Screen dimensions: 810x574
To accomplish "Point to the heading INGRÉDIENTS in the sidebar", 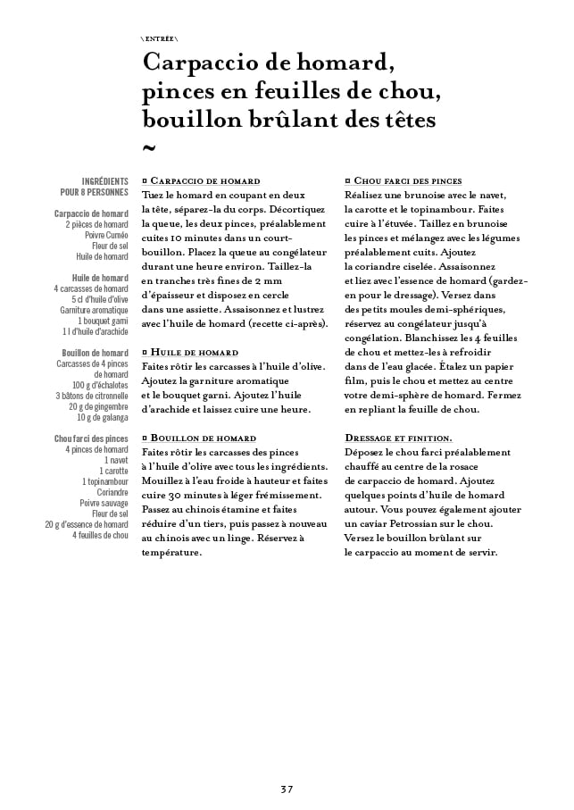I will pos(105,180).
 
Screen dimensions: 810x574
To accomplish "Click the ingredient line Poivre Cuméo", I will pos(106,235).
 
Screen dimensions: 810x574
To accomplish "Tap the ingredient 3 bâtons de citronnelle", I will pos(92,395).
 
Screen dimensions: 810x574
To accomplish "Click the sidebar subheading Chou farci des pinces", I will pos(91,438).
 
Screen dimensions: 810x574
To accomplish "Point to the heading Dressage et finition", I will pos(398,438).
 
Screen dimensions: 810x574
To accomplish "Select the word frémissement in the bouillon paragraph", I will pos(284,495).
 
